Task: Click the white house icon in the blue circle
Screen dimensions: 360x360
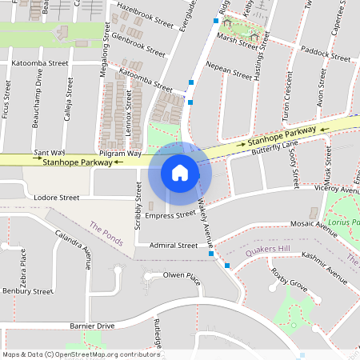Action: click(x=180, y=172)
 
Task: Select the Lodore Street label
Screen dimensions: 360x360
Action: click(x=57, y=197)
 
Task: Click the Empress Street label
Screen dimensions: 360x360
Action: click(x=170, y=214)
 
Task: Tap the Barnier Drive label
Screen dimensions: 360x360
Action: click(x=92, y=326)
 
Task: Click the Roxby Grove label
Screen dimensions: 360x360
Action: click(x=289, y=283)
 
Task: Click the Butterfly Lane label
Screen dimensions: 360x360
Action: click(x=273, y=146)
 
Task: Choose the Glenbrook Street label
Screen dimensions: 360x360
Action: click(x=138, y=44)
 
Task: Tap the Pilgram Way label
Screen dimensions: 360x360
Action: click(x=120, y=152)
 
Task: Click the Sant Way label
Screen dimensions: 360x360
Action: click(x=50, y=151)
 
